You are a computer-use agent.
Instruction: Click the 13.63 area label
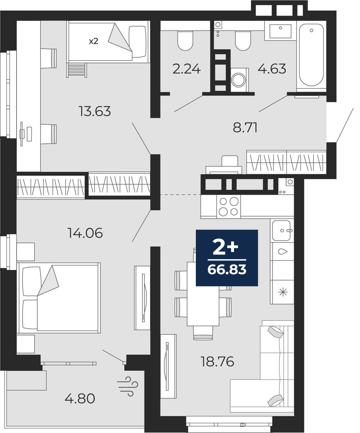click(x=95, y=111)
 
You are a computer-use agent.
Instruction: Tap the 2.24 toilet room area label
click(x=187, y=69)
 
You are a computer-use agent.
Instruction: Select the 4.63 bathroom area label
click(x=272, y=69)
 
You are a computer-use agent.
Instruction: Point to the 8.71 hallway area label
click(x=245, y=127)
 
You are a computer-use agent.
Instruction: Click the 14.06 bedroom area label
click(x=85, y=233)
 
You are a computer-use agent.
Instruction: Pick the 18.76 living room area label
click(x=217, y=361)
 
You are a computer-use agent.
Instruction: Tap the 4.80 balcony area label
click(x=80, y=399)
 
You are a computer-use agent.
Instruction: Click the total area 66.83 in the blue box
click(x=227, y=269)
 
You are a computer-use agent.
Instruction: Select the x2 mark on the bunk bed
click(x=94, y=41)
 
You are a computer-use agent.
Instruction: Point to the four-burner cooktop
click(x=229, y=207)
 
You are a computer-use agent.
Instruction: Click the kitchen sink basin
click(x=281, y=230)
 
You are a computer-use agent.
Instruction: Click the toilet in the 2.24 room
click(x=185, y=40)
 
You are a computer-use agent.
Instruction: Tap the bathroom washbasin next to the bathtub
click(x=280, y=31)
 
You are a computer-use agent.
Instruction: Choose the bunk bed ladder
click(x=76, y=70)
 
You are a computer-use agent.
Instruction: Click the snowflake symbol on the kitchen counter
click(x=283, y=293)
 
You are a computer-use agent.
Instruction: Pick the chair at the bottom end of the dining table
click(x=203, y=333)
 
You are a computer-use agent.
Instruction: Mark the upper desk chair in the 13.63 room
click(x=49, y=58)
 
